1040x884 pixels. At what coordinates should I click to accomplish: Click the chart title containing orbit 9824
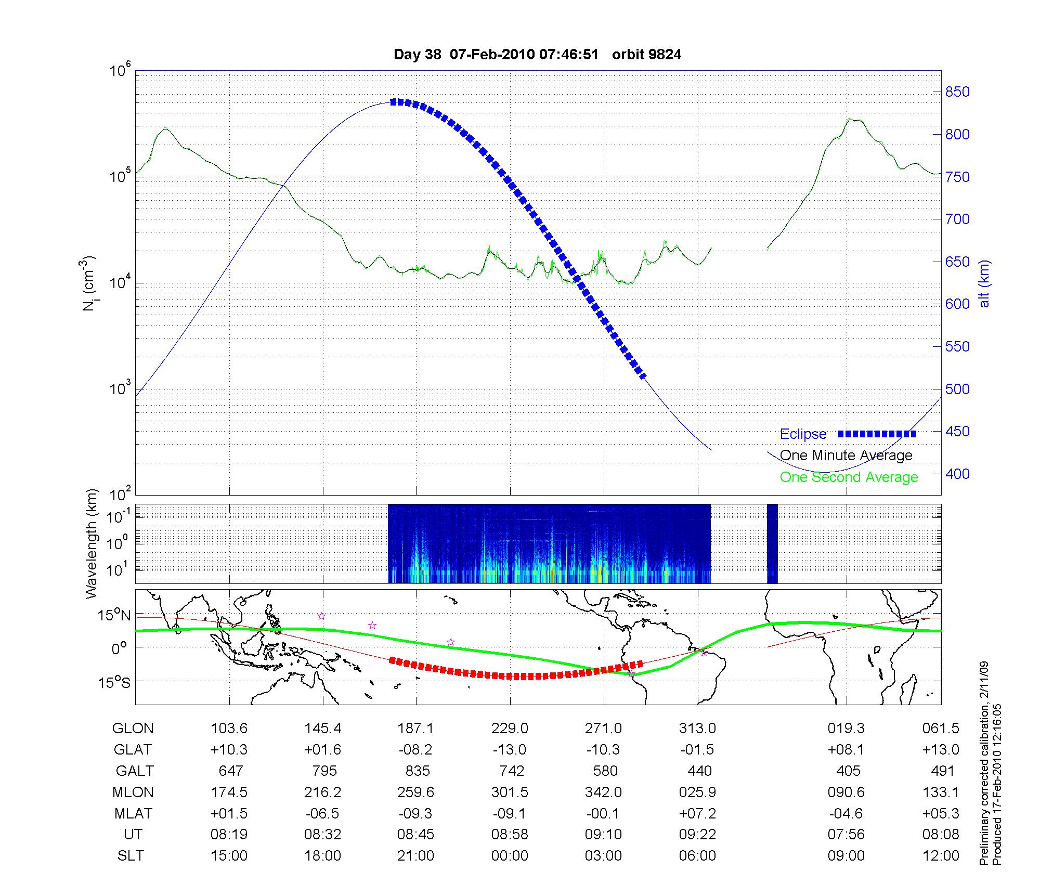pos(537,55)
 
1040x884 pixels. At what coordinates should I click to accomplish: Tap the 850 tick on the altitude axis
pos(957,92)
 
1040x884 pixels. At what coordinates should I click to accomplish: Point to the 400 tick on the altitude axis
pos(957,474)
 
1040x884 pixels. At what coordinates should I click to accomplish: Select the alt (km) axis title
pos(984,283)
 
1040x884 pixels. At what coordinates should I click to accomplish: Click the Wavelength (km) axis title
pos(92,544)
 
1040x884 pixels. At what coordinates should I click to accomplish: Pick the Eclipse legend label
pos(803,434)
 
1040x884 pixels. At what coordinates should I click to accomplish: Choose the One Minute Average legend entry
pos(846,456)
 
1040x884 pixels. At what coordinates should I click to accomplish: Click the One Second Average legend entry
pos(849,477)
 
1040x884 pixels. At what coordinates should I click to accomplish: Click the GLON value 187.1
pos(416,729)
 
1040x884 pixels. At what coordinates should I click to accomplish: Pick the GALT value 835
pos(417,771)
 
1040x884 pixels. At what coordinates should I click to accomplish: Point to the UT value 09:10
pos(603,835)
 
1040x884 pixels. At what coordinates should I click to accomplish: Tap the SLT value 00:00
pos(510,856)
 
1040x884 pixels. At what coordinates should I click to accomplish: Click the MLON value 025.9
pos(697,792)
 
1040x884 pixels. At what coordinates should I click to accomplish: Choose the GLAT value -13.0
pos(510,750)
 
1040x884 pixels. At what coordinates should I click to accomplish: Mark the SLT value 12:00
pos(941,856)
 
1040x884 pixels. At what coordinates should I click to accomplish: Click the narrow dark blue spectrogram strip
pos(772,544)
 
